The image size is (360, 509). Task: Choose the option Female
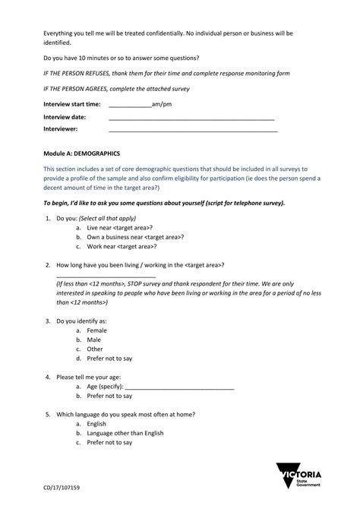[97, 331]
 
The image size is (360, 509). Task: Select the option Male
[94, 340]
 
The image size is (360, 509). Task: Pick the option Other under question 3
[95, 349]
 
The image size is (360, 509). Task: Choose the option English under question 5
[96, 424]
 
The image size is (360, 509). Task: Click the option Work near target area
[122, 246]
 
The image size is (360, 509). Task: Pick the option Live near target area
[120, 228]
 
